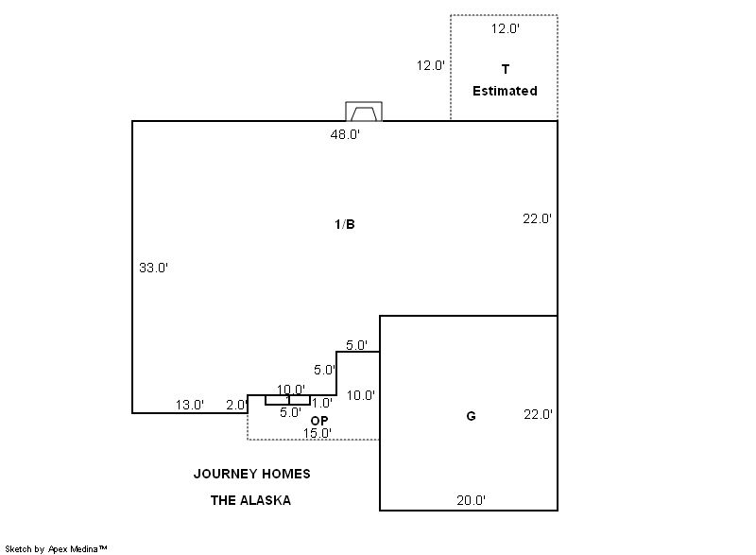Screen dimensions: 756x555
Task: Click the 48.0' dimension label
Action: (x=345, y=134)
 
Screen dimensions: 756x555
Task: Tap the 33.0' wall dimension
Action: (x=153, y=268)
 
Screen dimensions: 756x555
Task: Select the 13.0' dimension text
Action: (x=190, y=405)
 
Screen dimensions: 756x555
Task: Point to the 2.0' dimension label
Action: (x=237, y=405)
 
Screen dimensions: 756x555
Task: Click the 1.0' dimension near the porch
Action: (x=321, y=403)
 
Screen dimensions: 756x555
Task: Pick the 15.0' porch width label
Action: (x=318, y=433)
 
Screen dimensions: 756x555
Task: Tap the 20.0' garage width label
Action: (x=471, y=500)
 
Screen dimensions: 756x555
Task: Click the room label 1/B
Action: (x=345, y=224)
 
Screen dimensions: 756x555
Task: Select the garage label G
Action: (x=471, y=416)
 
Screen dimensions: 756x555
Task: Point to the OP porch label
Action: (x=319, y=421)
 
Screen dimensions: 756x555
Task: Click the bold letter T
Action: (x=506, y=69)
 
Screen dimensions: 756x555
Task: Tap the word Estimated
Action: (x=505, y=91)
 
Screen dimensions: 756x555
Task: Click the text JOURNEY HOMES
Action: (x=251, y=474)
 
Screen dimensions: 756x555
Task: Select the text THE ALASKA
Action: (x=250, y=500)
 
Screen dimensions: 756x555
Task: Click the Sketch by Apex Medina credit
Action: (x=56, y=549)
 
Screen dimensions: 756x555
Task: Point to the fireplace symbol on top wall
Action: (x=364, y=112)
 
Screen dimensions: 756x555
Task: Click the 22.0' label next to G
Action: (x=538, y=415)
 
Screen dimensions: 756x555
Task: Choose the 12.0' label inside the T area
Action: (x=506, y=29)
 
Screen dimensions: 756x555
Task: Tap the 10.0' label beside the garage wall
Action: (x=361, y=396)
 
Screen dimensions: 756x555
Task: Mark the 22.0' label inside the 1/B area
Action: (x=537, y=219)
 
